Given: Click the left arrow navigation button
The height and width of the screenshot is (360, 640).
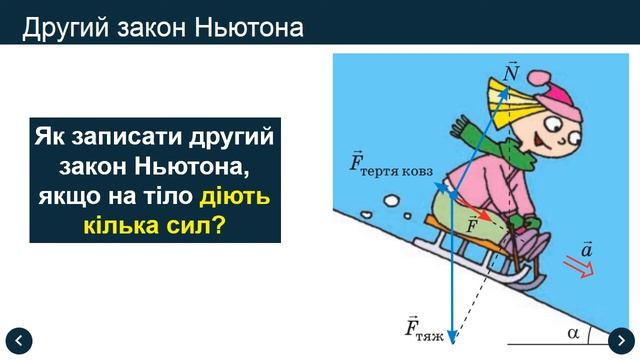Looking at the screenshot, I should click(x=19, y=339).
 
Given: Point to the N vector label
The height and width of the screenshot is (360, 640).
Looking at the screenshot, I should click(x=511, y=73).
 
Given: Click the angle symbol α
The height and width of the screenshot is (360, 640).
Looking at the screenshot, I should click(x=573, y=326).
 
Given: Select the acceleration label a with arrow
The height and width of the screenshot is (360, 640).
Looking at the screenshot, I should click(x=586, y=246).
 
